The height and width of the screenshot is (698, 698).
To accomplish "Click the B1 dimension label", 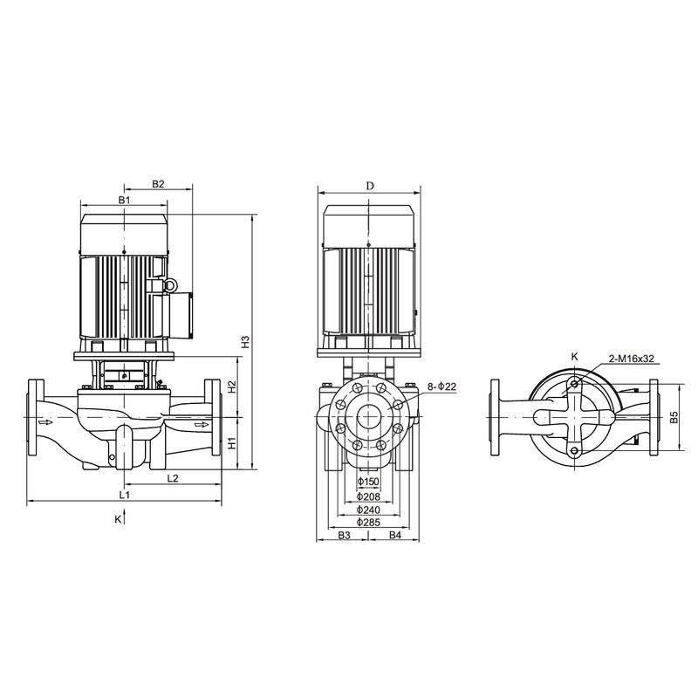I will click(x=125, y=201).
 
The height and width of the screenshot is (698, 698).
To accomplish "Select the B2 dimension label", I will click(x=158, y=184).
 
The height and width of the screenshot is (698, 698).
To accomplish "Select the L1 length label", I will click(x=125, y=495).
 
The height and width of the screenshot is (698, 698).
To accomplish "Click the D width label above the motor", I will click(x=369, y=186).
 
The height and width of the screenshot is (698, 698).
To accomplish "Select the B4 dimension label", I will click(x=394, y=534).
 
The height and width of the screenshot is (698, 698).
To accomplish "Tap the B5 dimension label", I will click(x=674, y=418).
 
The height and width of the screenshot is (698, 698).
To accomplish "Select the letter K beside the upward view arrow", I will click(x=118, y=519).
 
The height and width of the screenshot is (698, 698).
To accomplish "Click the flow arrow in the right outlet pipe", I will click(x=202, y=425).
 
